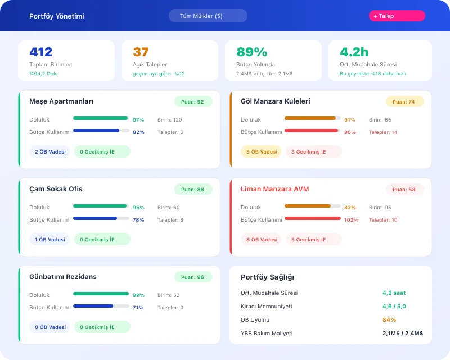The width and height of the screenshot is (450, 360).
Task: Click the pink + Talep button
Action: [x=397, y=16]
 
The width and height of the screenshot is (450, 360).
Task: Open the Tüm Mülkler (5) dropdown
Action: [x=208, y=16]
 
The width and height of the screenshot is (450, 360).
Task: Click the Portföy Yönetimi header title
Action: [x=56, y=16]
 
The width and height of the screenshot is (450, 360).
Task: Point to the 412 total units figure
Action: [x=41, y=52]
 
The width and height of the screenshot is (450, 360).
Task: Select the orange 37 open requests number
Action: [x=141, y=52]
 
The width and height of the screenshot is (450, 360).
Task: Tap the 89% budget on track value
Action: [x=251, y=52]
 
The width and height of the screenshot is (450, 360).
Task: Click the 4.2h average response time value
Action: [x=354, y=52]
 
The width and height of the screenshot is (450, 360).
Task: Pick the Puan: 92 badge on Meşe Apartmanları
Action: [x=193, y=102]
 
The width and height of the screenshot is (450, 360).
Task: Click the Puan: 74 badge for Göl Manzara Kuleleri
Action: [x=404, y=102]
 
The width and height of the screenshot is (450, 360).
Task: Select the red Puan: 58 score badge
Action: [x=404, y=190]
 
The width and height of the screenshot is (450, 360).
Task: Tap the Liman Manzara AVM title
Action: [x=274, y=189]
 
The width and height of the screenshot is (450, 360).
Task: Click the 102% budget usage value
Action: [x=351, y=220]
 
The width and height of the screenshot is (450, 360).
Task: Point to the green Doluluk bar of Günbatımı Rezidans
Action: [x=101, y=294]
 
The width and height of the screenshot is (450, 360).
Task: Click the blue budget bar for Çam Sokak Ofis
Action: [x=95, y=218]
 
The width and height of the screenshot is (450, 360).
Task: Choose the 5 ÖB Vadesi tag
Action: [x=262, y=152]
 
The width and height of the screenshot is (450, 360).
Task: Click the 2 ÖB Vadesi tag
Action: [x=50, y=152]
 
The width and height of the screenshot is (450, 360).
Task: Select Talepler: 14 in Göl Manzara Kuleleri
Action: [x=382, y=132]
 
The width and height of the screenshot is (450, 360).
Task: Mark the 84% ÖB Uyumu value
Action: [x=389, y=320]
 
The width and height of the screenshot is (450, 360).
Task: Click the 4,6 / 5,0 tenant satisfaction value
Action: [x=394, y=307]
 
